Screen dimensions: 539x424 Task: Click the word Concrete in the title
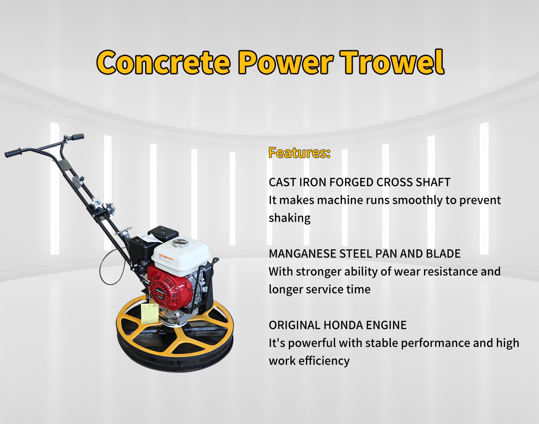click(x=163, y=62)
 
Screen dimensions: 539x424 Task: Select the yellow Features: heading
click(x=300, y=153)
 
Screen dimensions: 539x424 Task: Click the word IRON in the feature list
click(x=313, y=182)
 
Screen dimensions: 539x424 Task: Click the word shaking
click(x=290, y=218)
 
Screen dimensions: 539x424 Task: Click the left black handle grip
click(x=13, y=153)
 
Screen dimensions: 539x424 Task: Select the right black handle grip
click(x=78, y=137)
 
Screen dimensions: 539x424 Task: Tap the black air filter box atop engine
click(x=163, y=234)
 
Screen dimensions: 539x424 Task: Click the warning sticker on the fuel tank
click(x=166, y=259)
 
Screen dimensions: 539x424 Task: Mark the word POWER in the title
click(x=286, y=62)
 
